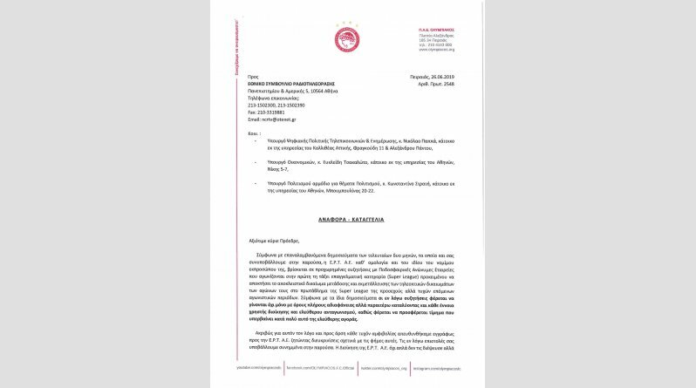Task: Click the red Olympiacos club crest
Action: (347, 38)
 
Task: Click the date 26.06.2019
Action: (443, 77)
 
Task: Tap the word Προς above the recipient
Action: (253, 77)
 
